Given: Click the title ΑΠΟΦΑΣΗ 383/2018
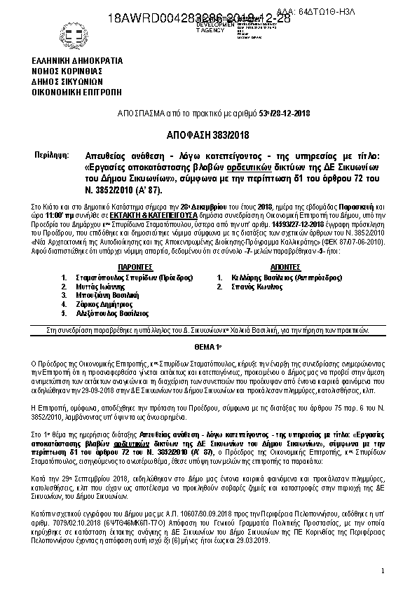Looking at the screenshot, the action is coord(208,135).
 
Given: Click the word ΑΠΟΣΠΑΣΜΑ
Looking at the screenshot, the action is coord(140,113).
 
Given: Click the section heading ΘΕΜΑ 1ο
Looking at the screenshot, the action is coord(209,348).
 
